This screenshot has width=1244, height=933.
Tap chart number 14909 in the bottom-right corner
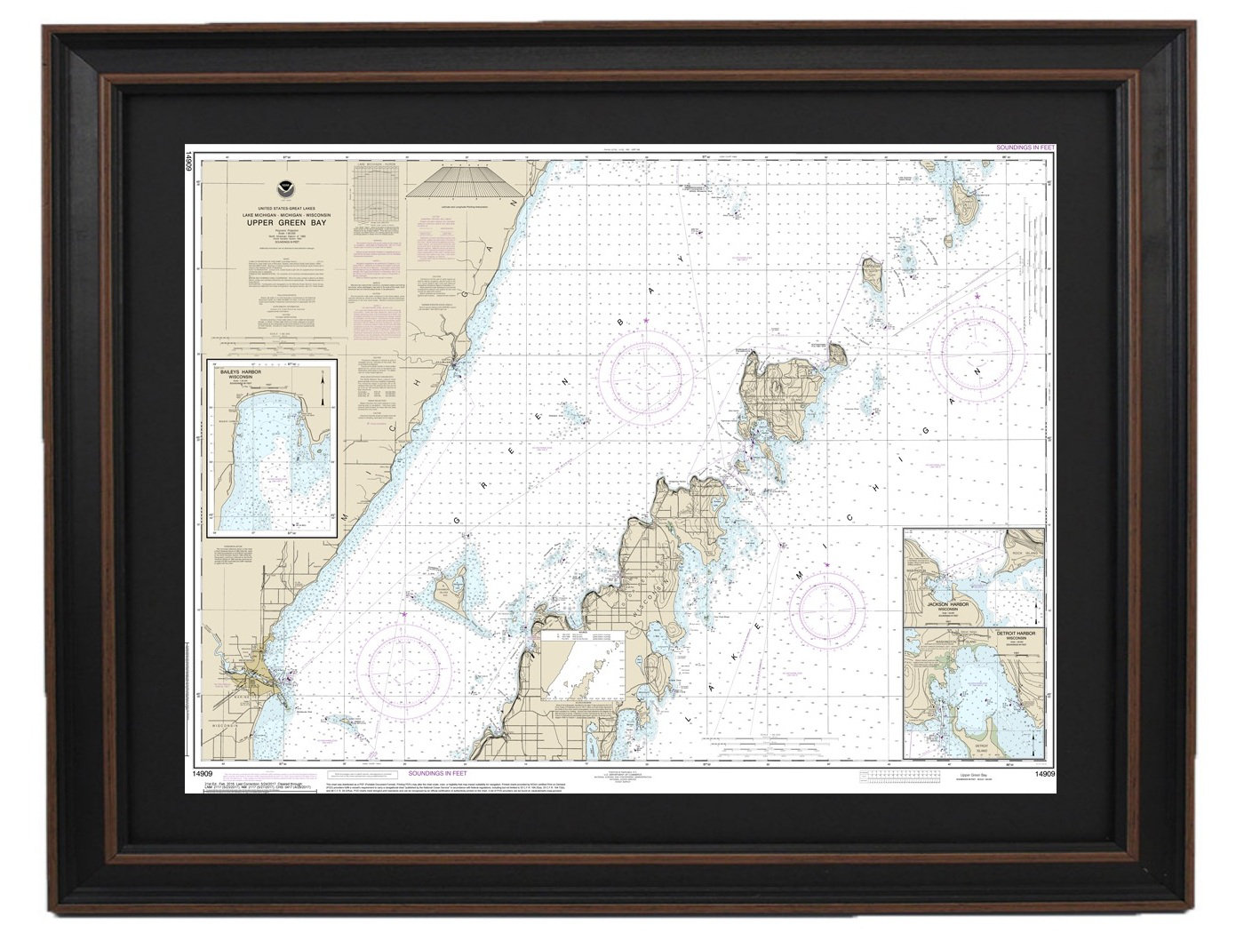point(1045,774)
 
